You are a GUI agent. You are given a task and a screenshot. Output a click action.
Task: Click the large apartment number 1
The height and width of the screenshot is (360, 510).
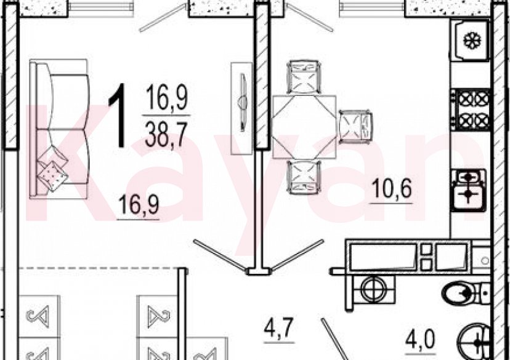pos(117,115)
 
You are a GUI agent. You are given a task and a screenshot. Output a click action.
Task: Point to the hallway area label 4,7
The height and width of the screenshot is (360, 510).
pos(279,328)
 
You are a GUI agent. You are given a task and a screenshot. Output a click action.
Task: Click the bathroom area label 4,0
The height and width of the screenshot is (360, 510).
pos(420,340)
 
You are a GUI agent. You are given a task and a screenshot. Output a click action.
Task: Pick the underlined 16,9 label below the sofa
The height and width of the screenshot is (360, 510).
pos(138,204)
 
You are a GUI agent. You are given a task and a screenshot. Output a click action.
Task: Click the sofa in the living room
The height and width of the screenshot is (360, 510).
pos(59,129)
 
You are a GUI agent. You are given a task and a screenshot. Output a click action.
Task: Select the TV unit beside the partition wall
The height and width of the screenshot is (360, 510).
pos(241,108)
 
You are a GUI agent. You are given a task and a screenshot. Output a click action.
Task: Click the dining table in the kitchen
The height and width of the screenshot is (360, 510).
pos(304,127)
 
